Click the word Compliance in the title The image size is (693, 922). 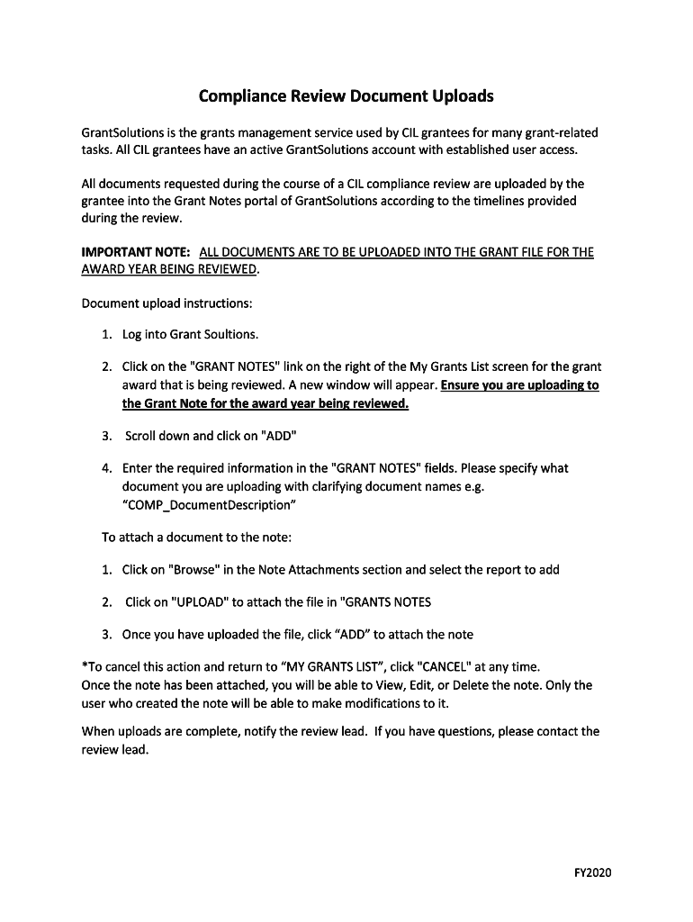point(238,95)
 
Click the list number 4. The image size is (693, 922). point(106,468)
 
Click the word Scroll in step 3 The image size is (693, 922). point(142,436)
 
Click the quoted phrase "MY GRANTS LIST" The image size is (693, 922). point(334,667)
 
